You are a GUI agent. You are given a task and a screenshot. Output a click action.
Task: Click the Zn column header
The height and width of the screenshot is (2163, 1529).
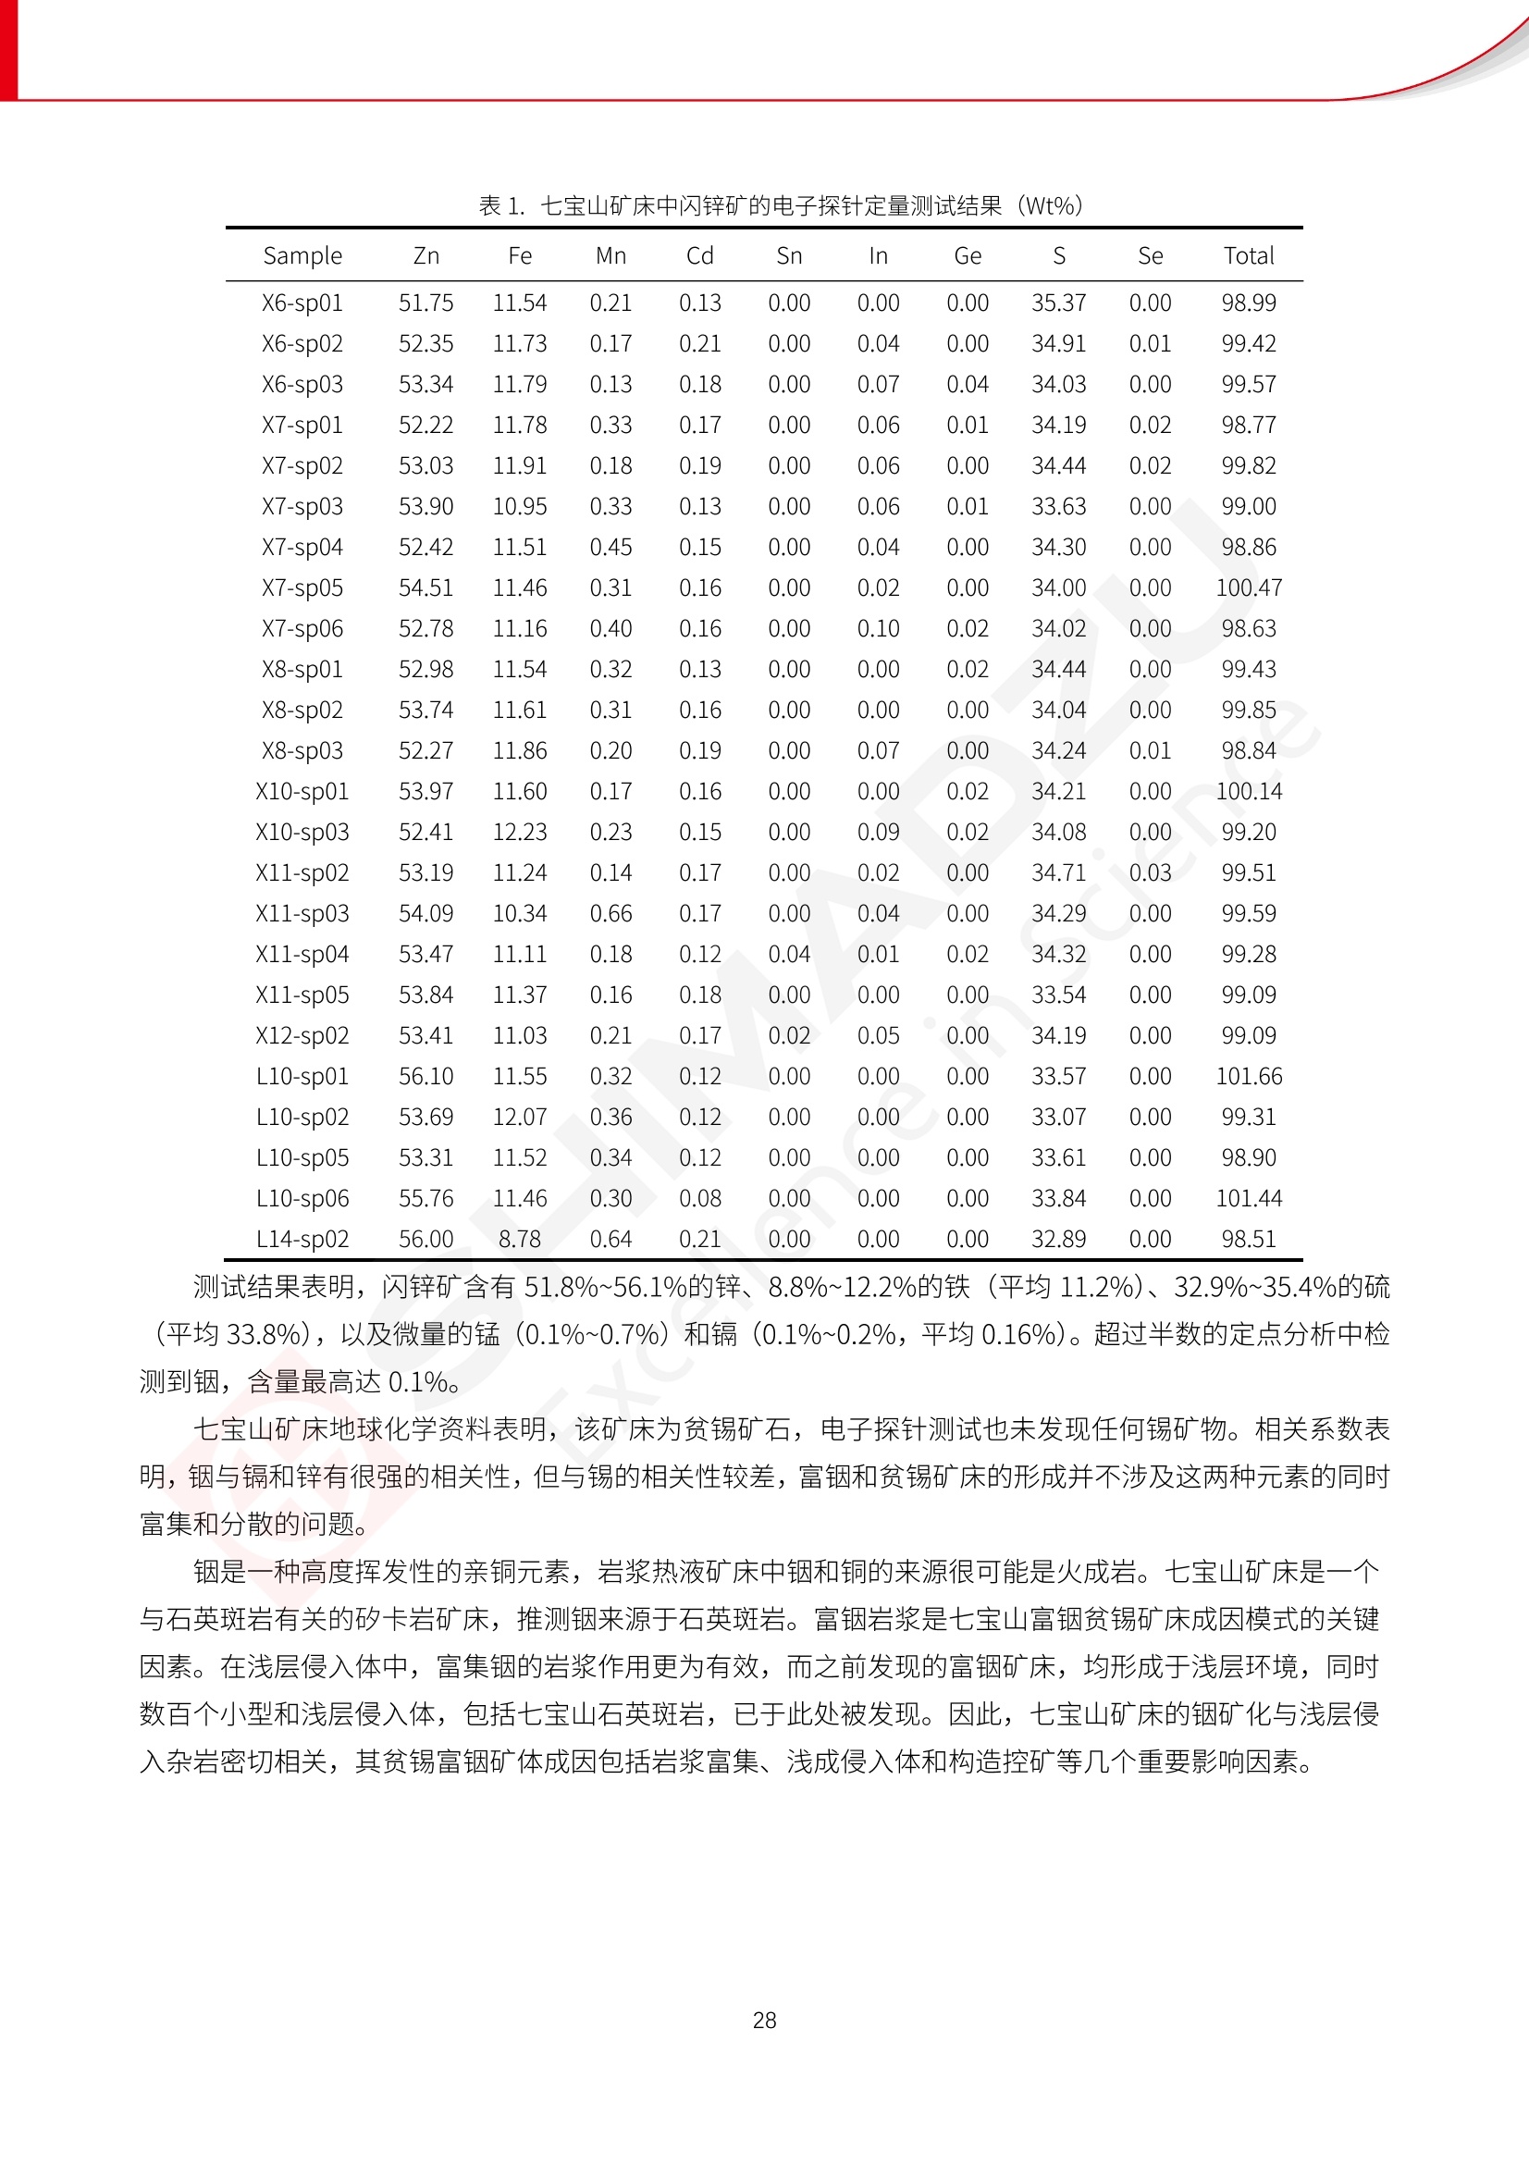coord(425,256)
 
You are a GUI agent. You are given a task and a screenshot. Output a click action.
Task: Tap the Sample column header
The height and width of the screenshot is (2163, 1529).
coord(302,256)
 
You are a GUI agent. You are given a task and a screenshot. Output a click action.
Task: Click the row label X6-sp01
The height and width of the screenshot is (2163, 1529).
coord(302,303)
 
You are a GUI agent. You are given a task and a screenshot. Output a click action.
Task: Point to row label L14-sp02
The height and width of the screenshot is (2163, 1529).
coord(302,1239)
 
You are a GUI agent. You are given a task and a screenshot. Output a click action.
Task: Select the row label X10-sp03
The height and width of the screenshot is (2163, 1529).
coord(302,832)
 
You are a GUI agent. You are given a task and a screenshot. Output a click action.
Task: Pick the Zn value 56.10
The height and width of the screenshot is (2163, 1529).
coord(425,1076)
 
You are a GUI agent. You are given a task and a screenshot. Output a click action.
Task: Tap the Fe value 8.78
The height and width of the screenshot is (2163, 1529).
coord(519,1239)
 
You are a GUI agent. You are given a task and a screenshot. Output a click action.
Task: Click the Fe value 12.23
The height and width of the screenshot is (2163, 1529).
coord(519,832)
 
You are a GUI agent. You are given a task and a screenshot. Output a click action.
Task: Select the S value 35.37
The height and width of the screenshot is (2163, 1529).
coord(1058,303)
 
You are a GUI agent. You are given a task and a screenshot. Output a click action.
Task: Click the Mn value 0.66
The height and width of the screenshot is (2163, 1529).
coord(610,914)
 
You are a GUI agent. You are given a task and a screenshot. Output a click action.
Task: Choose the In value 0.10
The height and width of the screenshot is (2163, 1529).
coord(878,628)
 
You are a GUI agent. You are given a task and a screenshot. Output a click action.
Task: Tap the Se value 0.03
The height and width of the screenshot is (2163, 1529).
coord(1151,872)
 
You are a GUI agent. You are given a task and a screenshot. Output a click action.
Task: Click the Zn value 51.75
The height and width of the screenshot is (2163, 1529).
coord(425,303)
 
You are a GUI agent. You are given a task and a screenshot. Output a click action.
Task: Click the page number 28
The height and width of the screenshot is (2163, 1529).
coord(764,2020)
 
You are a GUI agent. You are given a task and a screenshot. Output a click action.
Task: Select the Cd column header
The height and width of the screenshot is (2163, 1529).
coord(700,256)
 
